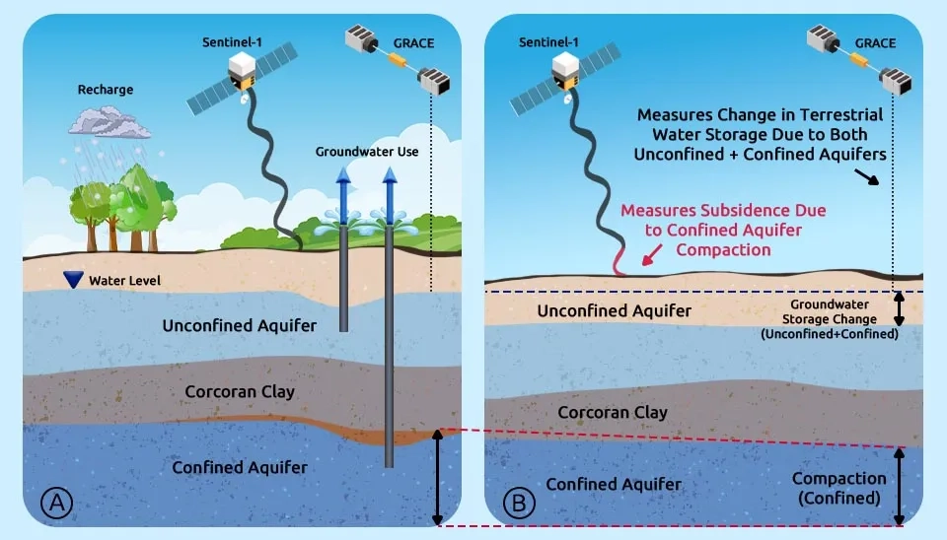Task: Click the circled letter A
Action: tap(57, 502)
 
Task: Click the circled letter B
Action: tap(519, 502)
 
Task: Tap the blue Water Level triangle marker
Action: tap(73, 279)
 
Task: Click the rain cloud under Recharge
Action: tap(109, 122)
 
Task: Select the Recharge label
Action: tap(106, 90)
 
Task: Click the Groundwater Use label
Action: tap(367, 152)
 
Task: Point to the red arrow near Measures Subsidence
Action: tap(652, 254)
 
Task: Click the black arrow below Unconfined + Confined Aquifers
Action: tap(867, 176)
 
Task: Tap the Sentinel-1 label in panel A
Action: tap(232, 42)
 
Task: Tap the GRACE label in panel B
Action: tap(875, 42)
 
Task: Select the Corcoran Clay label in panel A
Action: tap(240, 391)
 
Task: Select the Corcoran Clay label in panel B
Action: tap(613, 412)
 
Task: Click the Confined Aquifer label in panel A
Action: tap(240, 467)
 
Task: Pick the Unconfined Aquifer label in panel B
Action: tap(615, 310)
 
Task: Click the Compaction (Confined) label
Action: tap(838, 488)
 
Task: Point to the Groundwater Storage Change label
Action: tap(830, 319)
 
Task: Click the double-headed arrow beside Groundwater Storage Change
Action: tap(900, 308)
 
